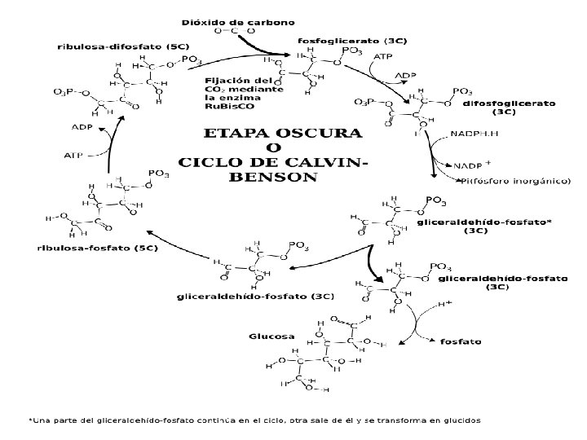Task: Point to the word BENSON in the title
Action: pos(274,178)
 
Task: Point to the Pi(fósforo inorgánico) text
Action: pos(515,180)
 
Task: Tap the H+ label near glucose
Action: pos(444,303)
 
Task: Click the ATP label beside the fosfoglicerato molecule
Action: pos(382,56)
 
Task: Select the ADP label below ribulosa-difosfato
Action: pos(82,127)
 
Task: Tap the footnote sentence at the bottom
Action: pos(254,420)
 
